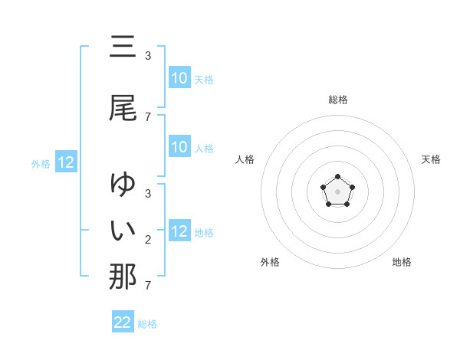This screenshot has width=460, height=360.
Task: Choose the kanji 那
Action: [123, 277]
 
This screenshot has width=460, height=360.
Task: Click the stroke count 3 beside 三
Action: [148, 56]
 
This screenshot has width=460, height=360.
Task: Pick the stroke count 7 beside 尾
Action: [148, 116]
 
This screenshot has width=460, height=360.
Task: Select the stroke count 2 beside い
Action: [148, 240]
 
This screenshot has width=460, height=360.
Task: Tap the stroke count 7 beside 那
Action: [148, 286]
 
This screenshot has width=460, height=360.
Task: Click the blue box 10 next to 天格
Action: [179, 78]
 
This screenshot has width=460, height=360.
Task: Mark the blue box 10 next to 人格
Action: [179, 147]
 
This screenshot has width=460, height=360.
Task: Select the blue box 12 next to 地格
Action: [179, 231]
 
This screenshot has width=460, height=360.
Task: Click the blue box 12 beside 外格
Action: [66, 162]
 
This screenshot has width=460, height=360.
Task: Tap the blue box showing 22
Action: [123, 322]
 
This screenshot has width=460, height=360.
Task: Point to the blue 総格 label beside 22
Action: [147, 324]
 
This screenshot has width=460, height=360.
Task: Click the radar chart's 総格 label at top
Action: [338, 100]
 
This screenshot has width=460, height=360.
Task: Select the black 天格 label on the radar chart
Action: [432, 159]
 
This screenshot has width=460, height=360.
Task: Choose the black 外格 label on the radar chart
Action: [270, 262]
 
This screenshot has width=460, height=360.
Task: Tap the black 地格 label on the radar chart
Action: [402, 262]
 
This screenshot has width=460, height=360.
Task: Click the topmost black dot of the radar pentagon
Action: [337, 177]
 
